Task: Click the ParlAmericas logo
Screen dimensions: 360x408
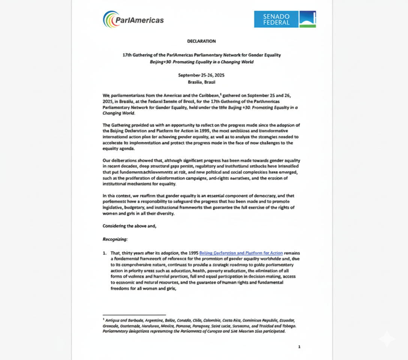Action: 133,19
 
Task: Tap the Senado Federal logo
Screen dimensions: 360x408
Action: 285,19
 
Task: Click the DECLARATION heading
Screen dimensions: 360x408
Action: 201,41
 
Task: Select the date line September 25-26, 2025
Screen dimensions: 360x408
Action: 201,75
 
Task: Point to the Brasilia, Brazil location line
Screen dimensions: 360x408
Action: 201,82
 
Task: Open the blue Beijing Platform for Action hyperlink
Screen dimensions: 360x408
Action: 241,253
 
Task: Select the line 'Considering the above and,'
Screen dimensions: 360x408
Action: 129,226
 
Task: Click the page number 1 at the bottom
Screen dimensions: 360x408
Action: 299,347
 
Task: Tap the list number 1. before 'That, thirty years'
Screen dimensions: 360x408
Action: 105,253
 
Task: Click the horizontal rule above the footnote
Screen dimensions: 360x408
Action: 134,315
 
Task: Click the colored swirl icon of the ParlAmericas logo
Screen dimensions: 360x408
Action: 109,19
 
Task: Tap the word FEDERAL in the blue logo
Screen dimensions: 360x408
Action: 276,22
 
